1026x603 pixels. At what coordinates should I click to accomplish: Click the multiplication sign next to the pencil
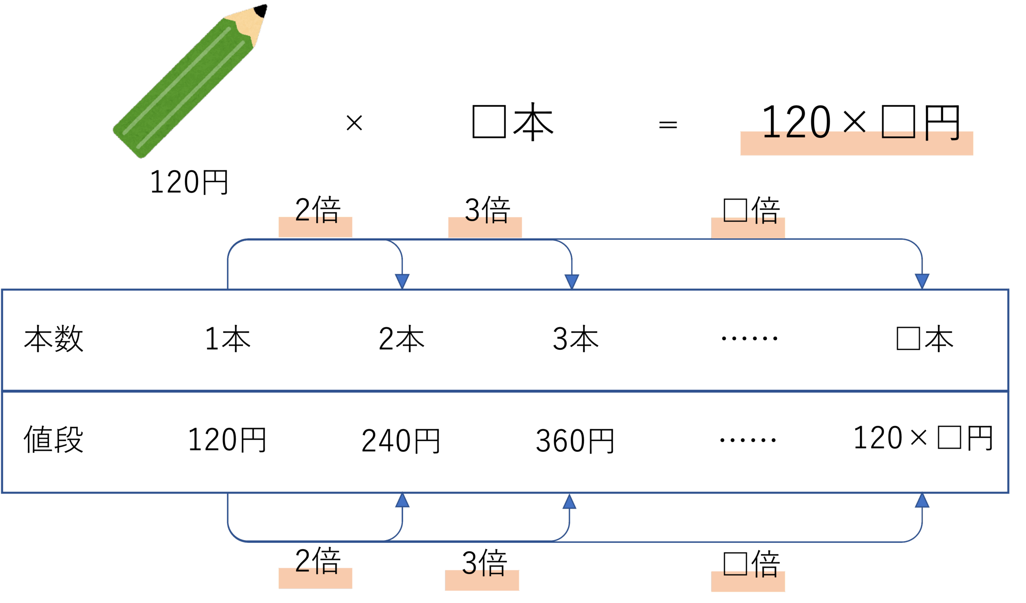[x=354, y=123]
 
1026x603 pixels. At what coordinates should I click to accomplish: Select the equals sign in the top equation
[x=668, y=124]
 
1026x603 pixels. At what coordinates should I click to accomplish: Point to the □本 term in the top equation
[x=512, y=122]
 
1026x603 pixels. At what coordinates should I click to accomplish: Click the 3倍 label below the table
[x=484, y=563]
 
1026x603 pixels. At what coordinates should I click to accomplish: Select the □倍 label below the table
[x=751, y=565]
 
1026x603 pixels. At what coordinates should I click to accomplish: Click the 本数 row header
[x=54, y=339]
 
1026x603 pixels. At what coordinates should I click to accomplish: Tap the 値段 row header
[x=54, y=440]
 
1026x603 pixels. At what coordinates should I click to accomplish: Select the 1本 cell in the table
[x=228, y=339]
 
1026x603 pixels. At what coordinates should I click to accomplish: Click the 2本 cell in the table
[x=402, y=339]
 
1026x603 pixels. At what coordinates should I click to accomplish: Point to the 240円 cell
[x=401, y=441]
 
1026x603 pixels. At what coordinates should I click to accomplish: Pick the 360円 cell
[x=575, y=441]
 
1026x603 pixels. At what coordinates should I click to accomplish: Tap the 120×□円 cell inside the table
[x=923, y=438]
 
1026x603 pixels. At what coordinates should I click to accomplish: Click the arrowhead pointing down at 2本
[x=402, y=281]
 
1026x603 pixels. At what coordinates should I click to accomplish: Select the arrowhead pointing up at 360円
[x=569, y=502]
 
